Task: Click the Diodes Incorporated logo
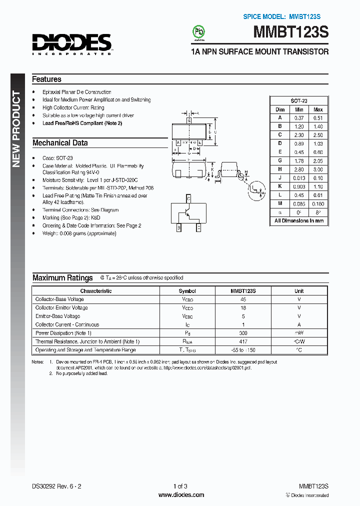pos(72,43)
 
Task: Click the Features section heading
pos(46,79)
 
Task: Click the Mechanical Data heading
pos(60,142)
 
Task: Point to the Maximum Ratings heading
pos(62,277)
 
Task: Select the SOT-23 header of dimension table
pos(299,100)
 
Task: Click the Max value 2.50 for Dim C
pos(318,135)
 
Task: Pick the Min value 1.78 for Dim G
pos(299,160)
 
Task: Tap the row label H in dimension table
pos(280,169)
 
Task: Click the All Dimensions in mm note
pos(299,220)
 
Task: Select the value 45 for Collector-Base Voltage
pos(243,299)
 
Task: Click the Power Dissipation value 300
pos(243,333)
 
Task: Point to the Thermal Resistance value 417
pos(243,341)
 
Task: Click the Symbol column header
pos(187,290)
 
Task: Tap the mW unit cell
pos(299,333)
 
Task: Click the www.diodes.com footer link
pos(181,495)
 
